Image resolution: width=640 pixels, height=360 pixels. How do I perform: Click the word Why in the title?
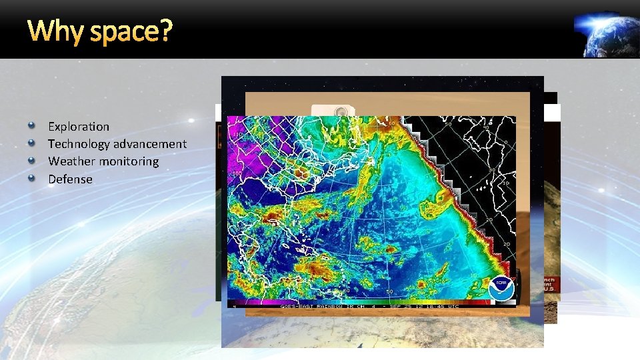55,31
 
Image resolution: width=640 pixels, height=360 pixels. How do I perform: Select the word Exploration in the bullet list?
79,126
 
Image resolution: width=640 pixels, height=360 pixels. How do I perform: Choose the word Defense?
70,179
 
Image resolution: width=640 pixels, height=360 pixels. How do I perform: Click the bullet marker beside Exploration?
31,125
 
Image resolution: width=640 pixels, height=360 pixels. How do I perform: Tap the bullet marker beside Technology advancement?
31,143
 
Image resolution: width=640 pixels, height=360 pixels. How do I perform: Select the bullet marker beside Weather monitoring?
31,161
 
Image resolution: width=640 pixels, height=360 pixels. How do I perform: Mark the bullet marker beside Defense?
31,178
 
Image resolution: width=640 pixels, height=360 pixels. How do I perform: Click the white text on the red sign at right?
551,283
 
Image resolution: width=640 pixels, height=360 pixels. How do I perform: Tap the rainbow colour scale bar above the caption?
370,300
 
